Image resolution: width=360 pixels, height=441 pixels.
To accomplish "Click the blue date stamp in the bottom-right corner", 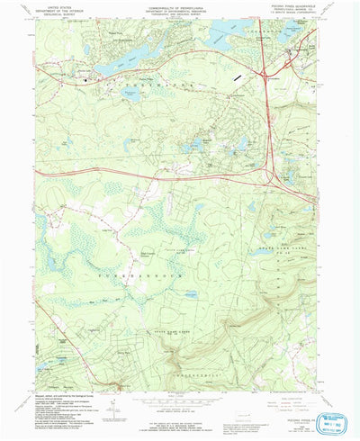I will pos(337,424).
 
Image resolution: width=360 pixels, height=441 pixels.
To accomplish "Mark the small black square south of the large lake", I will pos(87,82).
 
